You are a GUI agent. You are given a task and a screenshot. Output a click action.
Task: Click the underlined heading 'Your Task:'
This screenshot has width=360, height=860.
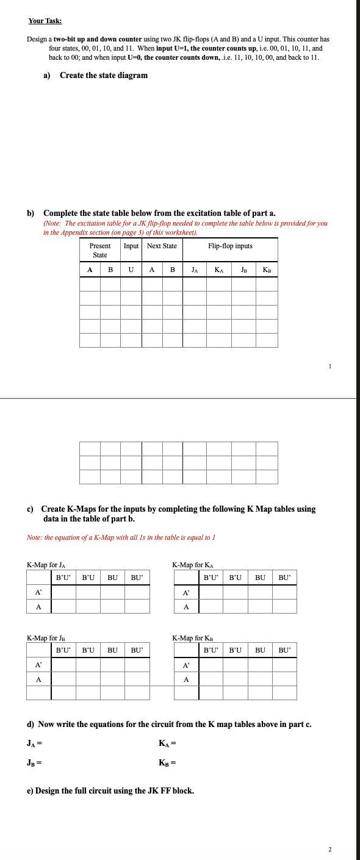point(45,21)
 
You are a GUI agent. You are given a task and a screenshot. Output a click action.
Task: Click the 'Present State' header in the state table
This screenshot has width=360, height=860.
point(100,250)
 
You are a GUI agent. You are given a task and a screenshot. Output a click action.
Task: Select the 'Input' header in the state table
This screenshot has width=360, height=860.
point(131,246)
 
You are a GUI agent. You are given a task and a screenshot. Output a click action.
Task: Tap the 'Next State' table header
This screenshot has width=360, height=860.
point(162,246)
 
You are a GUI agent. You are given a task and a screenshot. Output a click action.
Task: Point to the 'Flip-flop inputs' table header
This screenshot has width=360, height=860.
point(230,246)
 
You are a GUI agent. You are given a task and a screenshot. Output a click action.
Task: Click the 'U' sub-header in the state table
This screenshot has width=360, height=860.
point(131,269)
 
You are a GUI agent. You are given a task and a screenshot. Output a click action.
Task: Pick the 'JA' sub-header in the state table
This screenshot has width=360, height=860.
point(194,269)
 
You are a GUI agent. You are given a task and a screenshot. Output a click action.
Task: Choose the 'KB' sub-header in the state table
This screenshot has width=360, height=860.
point(267,269)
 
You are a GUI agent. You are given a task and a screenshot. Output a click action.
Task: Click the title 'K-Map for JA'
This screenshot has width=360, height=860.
point(46,565)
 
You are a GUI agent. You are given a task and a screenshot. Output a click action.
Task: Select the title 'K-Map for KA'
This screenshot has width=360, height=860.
point(193,565)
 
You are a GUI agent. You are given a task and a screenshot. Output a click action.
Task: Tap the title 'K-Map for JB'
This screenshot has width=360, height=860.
point(46,638)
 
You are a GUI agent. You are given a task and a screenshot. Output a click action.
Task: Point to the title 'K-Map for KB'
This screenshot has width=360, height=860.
point(193,638)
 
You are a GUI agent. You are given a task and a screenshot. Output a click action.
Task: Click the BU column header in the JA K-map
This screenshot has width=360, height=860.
point(112,577)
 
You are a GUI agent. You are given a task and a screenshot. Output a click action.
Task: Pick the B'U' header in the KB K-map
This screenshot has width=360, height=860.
point(211,650)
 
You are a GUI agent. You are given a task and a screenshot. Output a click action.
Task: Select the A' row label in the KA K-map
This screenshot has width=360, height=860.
point(186,592)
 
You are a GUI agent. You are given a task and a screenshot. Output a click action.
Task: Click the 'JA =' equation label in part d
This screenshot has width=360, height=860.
point(34,743)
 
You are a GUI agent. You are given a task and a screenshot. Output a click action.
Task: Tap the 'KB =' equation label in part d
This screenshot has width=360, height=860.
point(167,762)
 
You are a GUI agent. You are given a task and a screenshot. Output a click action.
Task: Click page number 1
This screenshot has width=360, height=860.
point(329,366)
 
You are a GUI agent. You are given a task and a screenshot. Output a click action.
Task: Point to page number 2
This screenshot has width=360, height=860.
point(329,849)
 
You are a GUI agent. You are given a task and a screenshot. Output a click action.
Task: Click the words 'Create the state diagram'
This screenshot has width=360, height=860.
point(104,76)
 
